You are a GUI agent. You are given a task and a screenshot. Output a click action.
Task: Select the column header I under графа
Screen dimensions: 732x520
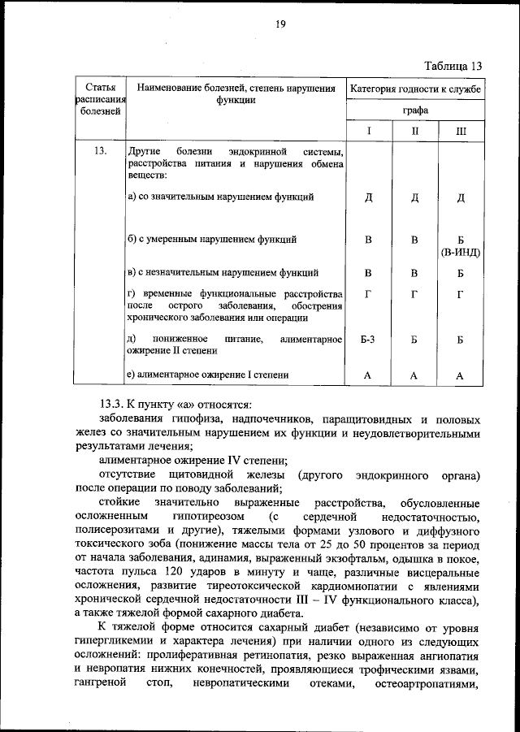click(368, 130)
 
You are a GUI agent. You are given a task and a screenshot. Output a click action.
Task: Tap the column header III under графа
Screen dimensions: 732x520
click(460, 130)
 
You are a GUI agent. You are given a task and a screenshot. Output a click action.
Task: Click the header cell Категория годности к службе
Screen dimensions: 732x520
click(414, 87)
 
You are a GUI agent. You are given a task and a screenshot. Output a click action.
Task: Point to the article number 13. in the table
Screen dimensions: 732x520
click(101, 152)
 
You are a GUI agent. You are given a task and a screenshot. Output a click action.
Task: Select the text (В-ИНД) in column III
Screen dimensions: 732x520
click(460, 252)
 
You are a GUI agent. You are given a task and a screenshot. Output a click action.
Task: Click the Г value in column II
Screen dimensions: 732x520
click(414, 293)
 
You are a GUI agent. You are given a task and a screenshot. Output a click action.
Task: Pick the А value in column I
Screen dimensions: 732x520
click(368, 375)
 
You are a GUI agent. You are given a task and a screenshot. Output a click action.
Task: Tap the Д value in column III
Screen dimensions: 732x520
click(460, 197)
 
